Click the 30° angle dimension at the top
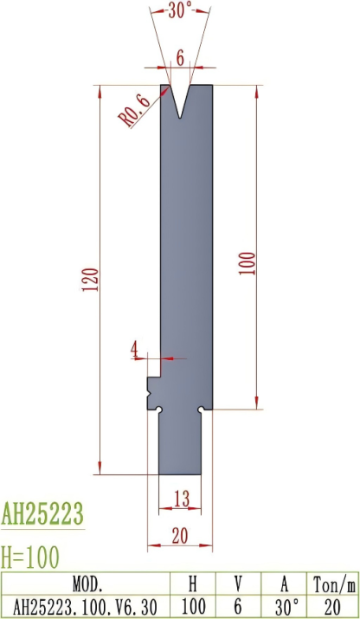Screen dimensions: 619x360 179,11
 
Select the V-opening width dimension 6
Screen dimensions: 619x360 180,57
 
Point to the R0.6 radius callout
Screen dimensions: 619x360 135,109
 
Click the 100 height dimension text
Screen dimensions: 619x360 248,263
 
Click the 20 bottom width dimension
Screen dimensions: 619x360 180,536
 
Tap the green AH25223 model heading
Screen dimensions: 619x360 42,514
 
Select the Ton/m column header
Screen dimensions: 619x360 333,582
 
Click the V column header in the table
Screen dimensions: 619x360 239,582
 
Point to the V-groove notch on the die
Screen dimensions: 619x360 180,100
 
